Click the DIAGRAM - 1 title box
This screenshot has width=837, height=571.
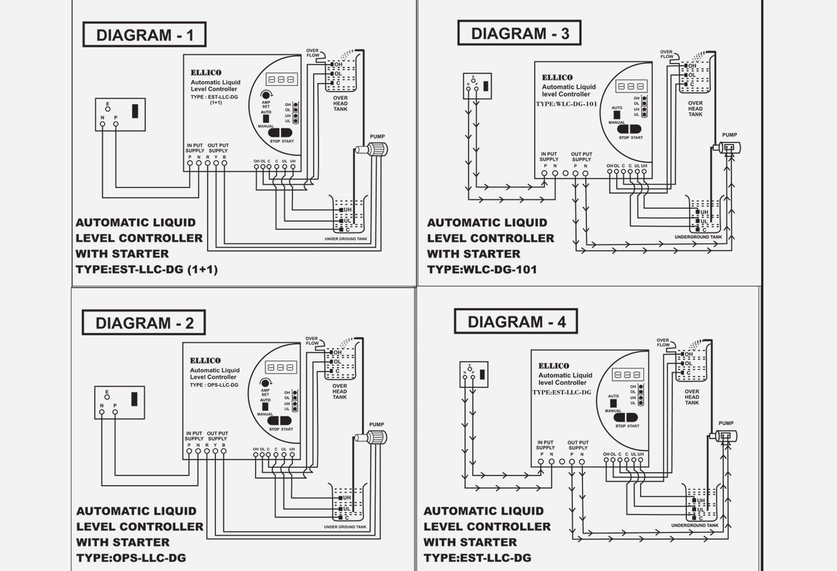[x=145, y=35]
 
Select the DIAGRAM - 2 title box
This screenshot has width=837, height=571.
[x=144, y=323]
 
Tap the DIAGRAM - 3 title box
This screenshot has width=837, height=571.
[x=519, y=33]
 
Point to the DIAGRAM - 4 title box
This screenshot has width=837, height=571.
[x=516, y=322]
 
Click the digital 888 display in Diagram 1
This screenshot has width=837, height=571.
[x=282, y=79]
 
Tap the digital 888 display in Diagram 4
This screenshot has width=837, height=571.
[x=628, y=375]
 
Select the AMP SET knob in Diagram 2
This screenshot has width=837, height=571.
[x=266, y=383]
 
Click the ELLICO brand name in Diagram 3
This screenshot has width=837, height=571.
[x=557, y=78]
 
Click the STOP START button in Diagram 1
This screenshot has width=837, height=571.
[x=281, y=133]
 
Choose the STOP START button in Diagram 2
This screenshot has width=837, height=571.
[x=281, y=421]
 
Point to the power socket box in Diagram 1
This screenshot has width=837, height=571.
[x=121, y=114]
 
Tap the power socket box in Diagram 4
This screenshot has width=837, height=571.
[x=474, y=374]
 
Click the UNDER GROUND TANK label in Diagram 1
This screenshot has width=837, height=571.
[x=346, y=239]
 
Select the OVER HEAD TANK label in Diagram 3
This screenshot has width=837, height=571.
[x=695, y=109]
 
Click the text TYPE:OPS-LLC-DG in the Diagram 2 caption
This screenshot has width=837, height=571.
[x=131, y=558]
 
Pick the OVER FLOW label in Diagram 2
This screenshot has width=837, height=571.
[x=312, y=340]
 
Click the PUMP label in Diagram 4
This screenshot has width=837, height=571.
[x=726, y=423]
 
